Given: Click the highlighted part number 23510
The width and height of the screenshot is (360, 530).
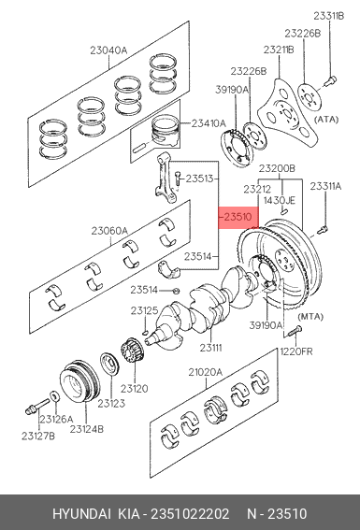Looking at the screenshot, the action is [238, 217].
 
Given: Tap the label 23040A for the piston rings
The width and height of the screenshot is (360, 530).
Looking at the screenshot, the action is [108, 50].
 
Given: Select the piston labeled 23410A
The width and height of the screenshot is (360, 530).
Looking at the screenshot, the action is [165, 131].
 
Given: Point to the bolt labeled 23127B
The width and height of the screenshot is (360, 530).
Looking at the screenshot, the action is [36, 406].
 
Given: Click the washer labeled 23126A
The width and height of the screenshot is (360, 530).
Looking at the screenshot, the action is [53, 395].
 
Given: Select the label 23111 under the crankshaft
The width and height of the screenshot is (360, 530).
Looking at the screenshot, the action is [210, 347].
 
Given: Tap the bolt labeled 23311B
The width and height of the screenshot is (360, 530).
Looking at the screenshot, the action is [330, 81].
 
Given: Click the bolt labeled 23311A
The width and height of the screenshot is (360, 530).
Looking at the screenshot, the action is [323, 230].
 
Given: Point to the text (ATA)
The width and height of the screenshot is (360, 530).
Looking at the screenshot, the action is [326, 120].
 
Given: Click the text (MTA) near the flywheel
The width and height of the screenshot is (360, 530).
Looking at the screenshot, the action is [310, 317].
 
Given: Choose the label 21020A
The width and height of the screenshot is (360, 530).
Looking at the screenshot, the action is [205, 372].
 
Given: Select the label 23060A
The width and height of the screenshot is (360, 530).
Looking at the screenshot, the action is [109, 231].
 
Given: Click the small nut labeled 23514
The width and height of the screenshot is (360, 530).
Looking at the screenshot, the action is [176, 291].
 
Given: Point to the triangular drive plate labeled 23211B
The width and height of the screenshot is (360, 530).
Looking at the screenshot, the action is [288, 112].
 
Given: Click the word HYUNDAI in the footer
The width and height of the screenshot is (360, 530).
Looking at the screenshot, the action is [81, 514].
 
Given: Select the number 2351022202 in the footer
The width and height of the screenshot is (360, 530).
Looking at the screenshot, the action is [190, 514].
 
